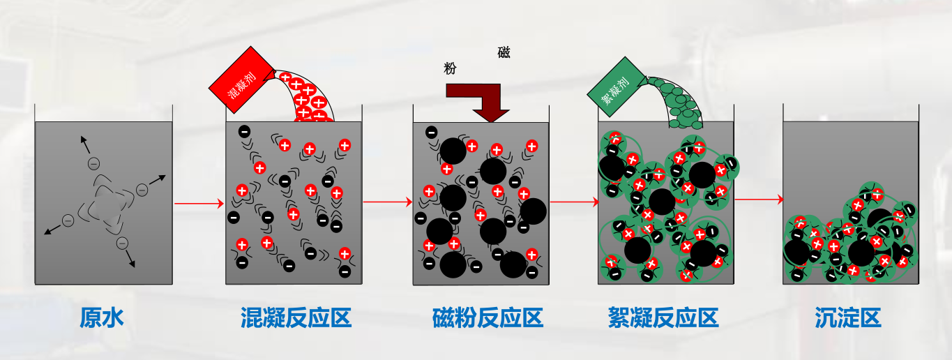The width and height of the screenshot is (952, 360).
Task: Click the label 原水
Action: pos(102,319)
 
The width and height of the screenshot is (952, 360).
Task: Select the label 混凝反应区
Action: pos(295,319)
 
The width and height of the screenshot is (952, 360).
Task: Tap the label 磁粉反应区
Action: pos(488,319)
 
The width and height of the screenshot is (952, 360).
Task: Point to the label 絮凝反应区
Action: pos(663,319)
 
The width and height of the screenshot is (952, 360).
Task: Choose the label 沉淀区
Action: pos(848,319)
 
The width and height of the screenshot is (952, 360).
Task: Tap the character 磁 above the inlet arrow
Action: pos(504,52)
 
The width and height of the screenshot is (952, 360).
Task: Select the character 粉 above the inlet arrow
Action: pos(450,68)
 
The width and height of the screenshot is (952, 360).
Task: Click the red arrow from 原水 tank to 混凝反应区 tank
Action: pos(199,203)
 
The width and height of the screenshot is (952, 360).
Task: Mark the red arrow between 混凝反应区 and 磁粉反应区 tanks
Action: pos(388,203)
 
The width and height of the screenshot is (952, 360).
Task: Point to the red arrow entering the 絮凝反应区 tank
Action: pos(574,202)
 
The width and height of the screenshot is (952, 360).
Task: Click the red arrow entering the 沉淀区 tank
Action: pos(759,200)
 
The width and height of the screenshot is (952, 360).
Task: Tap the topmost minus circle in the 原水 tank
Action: pos(93,163)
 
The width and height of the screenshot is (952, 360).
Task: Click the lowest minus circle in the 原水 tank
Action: pos(122,243)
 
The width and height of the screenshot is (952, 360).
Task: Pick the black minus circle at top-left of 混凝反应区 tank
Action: pos(244,130)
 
